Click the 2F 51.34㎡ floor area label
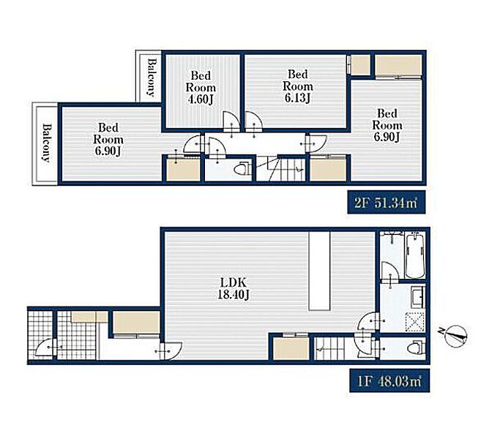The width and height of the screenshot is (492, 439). click(387, 203)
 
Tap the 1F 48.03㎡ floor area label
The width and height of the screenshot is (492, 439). click(389, 381)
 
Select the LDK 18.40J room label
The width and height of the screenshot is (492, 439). click(234, 288)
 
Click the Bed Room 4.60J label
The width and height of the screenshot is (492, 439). click(201, 88)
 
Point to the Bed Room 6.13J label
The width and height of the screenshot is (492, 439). click(298, 86)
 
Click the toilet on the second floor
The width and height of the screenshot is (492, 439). click(242, 169)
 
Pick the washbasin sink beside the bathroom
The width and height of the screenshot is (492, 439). click(418, 296)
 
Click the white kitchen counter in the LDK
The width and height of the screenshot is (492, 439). click(319, 271)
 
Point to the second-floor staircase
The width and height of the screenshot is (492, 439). click(281, 168)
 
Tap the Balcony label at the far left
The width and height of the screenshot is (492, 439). click(46, 143)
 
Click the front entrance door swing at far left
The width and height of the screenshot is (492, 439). click(45, 348)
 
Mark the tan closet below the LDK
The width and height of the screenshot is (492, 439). click(291, 348)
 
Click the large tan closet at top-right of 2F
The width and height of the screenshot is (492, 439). click(398, 65)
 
